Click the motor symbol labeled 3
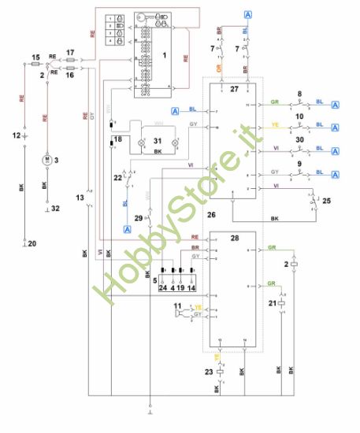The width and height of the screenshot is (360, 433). [46, 161]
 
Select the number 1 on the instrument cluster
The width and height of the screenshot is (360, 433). [164, 56]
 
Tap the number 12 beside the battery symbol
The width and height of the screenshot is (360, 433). [16, 135]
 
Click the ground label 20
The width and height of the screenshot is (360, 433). [32, 245]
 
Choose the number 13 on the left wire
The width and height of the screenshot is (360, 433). [80, 196]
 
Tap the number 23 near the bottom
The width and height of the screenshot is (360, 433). [209, 372]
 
